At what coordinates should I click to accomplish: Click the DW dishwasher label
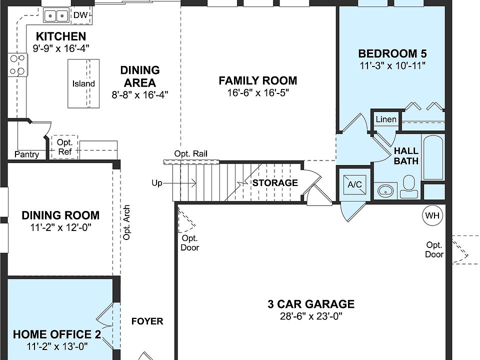coord(80,15)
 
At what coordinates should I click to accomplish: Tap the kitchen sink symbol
coord(56,16)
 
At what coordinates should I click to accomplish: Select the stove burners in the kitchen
coord(17,65)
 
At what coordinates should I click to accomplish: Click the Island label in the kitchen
coord(83,83)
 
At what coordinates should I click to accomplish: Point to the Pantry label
coord(26,154)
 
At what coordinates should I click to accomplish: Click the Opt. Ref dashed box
coord(65,147)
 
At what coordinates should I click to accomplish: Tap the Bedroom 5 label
coord(392,54)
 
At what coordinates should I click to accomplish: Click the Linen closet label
coord(386,119)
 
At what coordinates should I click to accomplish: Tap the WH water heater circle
coord(432,215)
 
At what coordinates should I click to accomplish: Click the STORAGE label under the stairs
coord(274,182)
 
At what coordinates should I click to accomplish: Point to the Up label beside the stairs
coord(157,183)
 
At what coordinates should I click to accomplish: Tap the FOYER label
coord(147,321)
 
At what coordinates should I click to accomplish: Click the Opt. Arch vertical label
coord(127,222)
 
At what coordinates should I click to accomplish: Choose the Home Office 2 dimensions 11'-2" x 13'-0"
coord(57,345)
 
